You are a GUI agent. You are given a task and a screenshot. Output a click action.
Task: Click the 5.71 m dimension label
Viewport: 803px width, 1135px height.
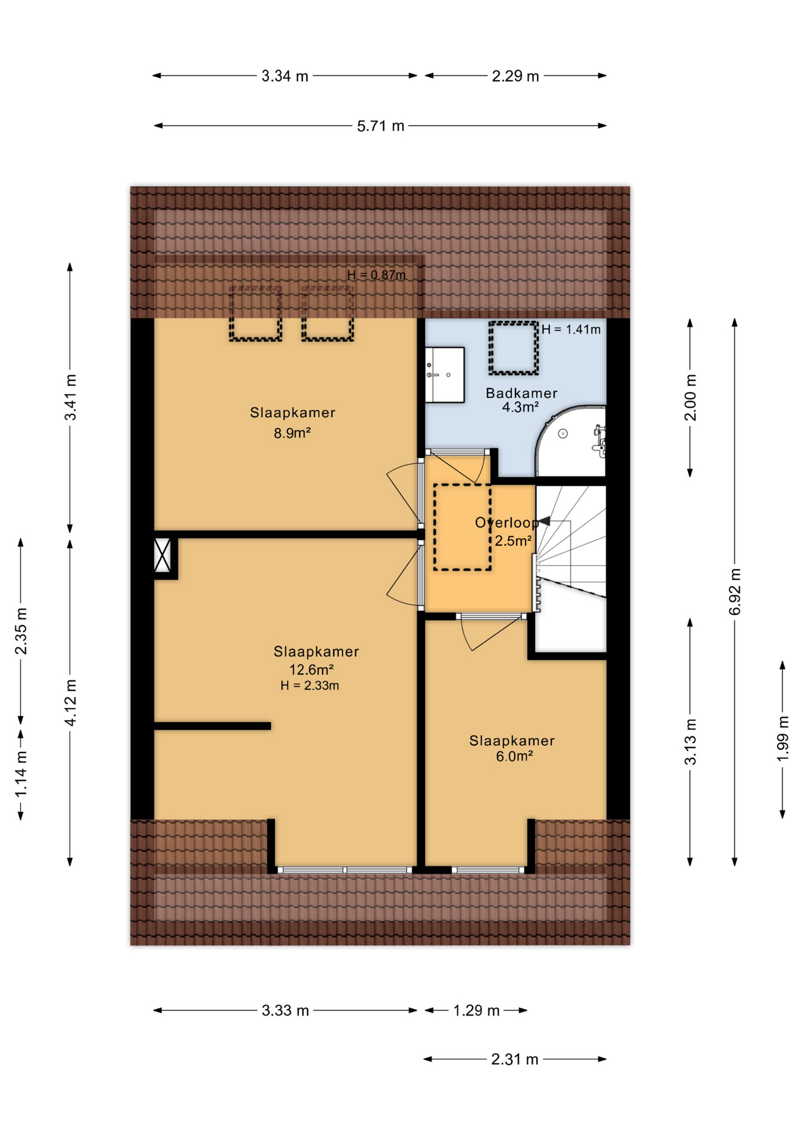(380, 126)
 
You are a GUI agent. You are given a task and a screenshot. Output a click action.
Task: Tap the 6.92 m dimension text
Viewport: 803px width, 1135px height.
(734, 592)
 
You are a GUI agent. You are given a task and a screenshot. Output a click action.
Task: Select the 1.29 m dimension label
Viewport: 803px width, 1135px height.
(476, 1010)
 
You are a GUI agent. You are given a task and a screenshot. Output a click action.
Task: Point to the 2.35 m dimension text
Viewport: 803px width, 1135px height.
(21, 631)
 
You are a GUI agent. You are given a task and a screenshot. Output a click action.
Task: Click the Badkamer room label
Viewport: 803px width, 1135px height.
(521, 393)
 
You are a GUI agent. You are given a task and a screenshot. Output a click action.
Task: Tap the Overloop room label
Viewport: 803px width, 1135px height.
(506, 523)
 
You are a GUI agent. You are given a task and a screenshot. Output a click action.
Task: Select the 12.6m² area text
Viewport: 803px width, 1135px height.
(311, 670)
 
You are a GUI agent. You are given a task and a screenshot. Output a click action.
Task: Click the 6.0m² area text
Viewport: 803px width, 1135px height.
(514, 756)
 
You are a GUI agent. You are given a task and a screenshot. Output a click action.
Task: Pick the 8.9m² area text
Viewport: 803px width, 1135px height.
(292, 433)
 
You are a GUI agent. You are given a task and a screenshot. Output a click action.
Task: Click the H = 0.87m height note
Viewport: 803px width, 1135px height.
(377, 275)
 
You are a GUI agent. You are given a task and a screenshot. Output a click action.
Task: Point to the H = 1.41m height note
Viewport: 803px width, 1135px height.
(571, 330)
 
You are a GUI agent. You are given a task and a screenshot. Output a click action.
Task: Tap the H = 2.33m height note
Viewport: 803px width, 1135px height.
(310, 686)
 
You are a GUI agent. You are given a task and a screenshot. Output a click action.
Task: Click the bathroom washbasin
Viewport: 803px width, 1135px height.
(445, 375)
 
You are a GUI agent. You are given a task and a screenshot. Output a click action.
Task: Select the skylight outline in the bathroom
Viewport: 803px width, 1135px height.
(513, 348)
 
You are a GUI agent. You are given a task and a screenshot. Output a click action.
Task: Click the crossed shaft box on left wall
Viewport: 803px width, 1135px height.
(163, 555)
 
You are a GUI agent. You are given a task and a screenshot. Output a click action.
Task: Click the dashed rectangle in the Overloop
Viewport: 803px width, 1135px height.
(462, 527)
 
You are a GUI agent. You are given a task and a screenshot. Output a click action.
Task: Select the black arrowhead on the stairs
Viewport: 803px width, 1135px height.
(545, 521)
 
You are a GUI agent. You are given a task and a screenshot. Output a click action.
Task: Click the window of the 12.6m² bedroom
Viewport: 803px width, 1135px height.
(345, 870)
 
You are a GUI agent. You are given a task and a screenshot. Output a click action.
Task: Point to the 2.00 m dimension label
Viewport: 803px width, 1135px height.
(690, 397)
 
